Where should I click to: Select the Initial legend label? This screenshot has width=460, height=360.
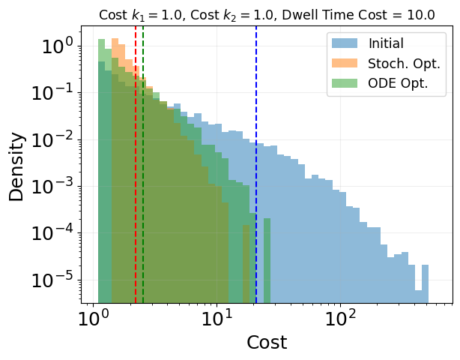tap(386, 44)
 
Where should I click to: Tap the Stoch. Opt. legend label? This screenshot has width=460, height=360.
tap(398, 64)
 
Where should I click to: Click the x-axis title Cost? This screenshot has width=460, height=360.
tap(267, 342)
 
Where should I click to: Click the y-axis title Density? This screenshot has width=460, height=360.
tap(16, 166)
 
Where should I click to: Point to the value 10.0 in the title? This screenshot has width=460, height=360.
tap(420, 15)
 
